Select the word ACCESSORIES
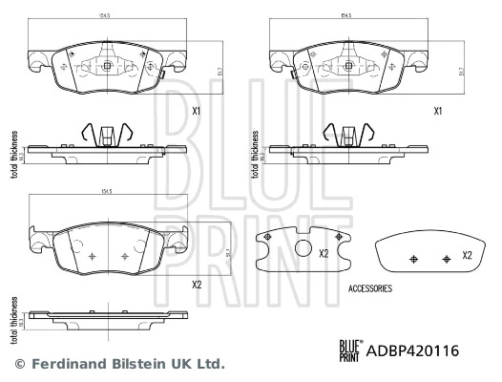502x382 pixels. click(371, 287)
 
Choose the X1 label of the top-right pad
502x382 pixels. click(439, 112)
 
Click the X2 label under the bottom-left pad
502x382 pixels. click(198, 285)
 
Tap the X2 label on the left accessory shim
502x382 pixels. click(324, 253)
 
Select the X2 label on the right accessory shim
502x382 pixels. click(468, 256)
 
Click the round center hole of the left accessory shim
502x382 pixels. click(304, 250)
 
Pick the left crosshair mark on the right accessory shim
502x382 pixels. click(413, 259)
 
